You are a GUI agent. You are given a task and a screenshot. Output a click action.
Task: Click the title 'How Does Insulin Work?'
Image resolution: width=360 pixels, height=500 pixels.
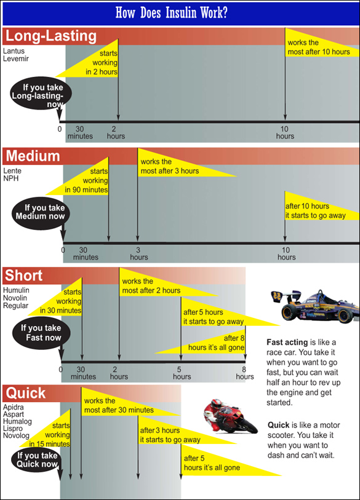(x=171, y=13)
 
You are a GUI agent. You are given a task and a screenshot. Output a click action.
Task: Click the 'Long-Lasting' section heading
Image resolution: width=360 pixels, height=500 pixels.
(x=51, y=36)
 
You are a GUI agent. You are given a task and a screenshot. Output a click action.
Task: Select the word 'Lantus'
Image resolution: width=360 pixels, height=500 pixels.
(x=14, y=50)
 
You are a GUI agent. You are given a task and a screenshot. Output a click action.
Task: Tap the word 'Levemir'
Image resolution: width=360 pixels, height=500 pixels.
(x=16, y=58)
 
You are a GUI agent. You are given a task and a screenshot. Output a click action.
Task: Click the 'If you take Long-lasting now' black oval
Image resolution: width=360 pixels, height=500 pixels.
(x=41, y=93)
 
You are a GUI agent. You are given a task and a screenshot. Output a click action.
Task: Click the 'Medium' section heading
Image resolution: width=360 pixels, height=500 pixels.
(x=33, y=156)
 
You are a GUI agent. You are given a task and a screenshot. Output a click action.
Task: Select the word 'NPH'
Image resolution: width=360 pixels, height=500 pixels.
(x=11, y=178)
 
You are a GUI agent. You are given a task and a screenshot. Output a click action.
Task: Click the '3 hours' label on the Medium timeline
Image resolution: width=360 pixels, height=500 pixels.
(x=139, y=253)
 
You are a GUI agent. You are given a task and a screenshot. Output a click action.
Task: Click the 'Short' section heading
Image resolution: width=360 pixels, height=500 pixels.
(x=24, y=276)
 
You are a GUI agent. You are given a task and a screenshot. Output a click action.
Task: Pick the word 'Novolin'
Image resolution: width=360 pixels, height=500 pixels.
(x=15, y=298)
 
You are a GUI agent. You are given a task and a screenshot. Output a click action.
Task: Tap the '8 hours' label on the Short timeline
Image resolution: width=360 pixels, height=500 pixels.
(x=245, y=373)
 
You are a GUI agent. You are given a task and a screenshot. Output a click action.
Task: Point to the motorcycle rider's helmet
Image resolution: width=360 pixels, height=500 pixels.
(x=217, y=403)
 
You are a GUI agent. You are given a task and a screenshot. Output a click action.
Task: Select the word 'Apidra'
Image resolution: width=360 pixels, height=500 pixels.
(x=14, y=407)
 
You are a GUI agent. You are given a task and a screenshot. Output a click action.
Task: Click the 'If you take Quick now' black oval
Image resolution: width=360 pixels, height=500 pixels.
(x=36, y=460)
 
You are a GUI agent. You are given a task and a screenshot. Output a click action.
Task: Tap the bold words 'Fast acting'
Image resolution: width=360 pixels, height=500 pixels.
(x=287, y=342)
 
